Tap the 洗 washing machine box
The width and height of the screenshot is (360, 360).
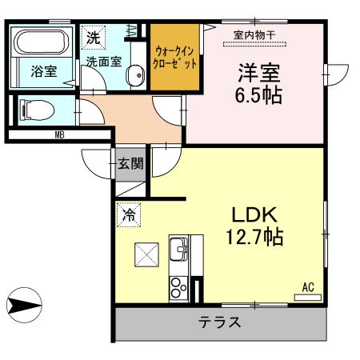[93, 37]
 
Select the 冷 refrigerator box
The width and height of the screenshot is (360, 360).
[128, 214]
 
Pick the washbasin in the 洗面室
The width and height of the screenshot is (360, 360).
[136, 77]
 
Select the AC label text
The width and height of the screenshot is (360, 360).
[308, 286]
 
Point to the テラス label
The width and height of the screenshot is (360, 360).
[221, 324]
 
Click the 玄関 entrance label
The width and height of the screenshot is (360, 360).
[131, 165]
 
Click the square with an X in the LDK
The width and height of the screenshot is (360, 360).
[147, 257]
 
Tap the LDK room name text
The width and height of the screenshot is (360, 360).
[254, 214]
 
